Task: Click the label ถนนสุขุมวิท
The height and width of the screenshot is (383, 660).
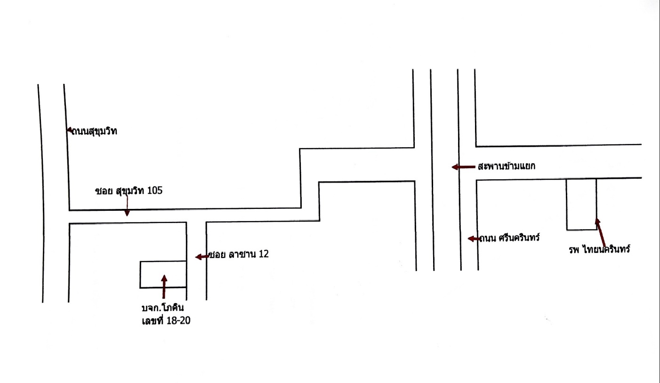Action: point(94,131)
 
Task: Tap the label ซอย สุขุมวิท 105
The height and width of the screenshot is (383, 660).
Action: point(129,191)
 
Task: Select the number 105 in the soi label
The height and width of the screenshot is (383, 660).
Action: point(155,191)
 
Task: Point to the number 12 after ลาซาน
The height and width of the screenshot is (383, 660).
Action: point(264,254)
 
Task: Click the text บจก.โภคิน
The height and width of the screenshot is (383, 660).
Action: point(162,308)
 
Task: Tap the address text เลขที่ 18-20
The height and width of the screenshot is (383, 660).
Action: point(166,320)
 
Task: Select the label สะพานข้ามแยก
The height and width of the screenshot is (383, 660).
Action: point(507,167)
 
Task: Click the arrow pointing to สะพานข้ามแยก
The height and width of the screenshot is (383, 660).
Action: point(464,167)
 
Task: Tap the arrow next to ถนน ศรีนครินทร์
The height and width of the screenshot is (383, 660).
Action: point(474,239)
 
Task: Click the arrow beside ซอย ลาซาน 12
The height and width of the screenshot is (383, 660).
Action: point(202,257)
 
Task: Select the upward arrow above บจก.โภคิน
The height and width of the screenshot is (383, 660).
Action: point(164,287)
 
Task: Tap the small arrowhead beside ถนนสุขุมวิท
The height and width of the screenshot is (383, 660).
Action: point(70,129)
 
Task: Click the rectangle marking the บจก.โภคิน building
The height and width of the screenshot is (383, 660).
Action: point(163,261)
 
